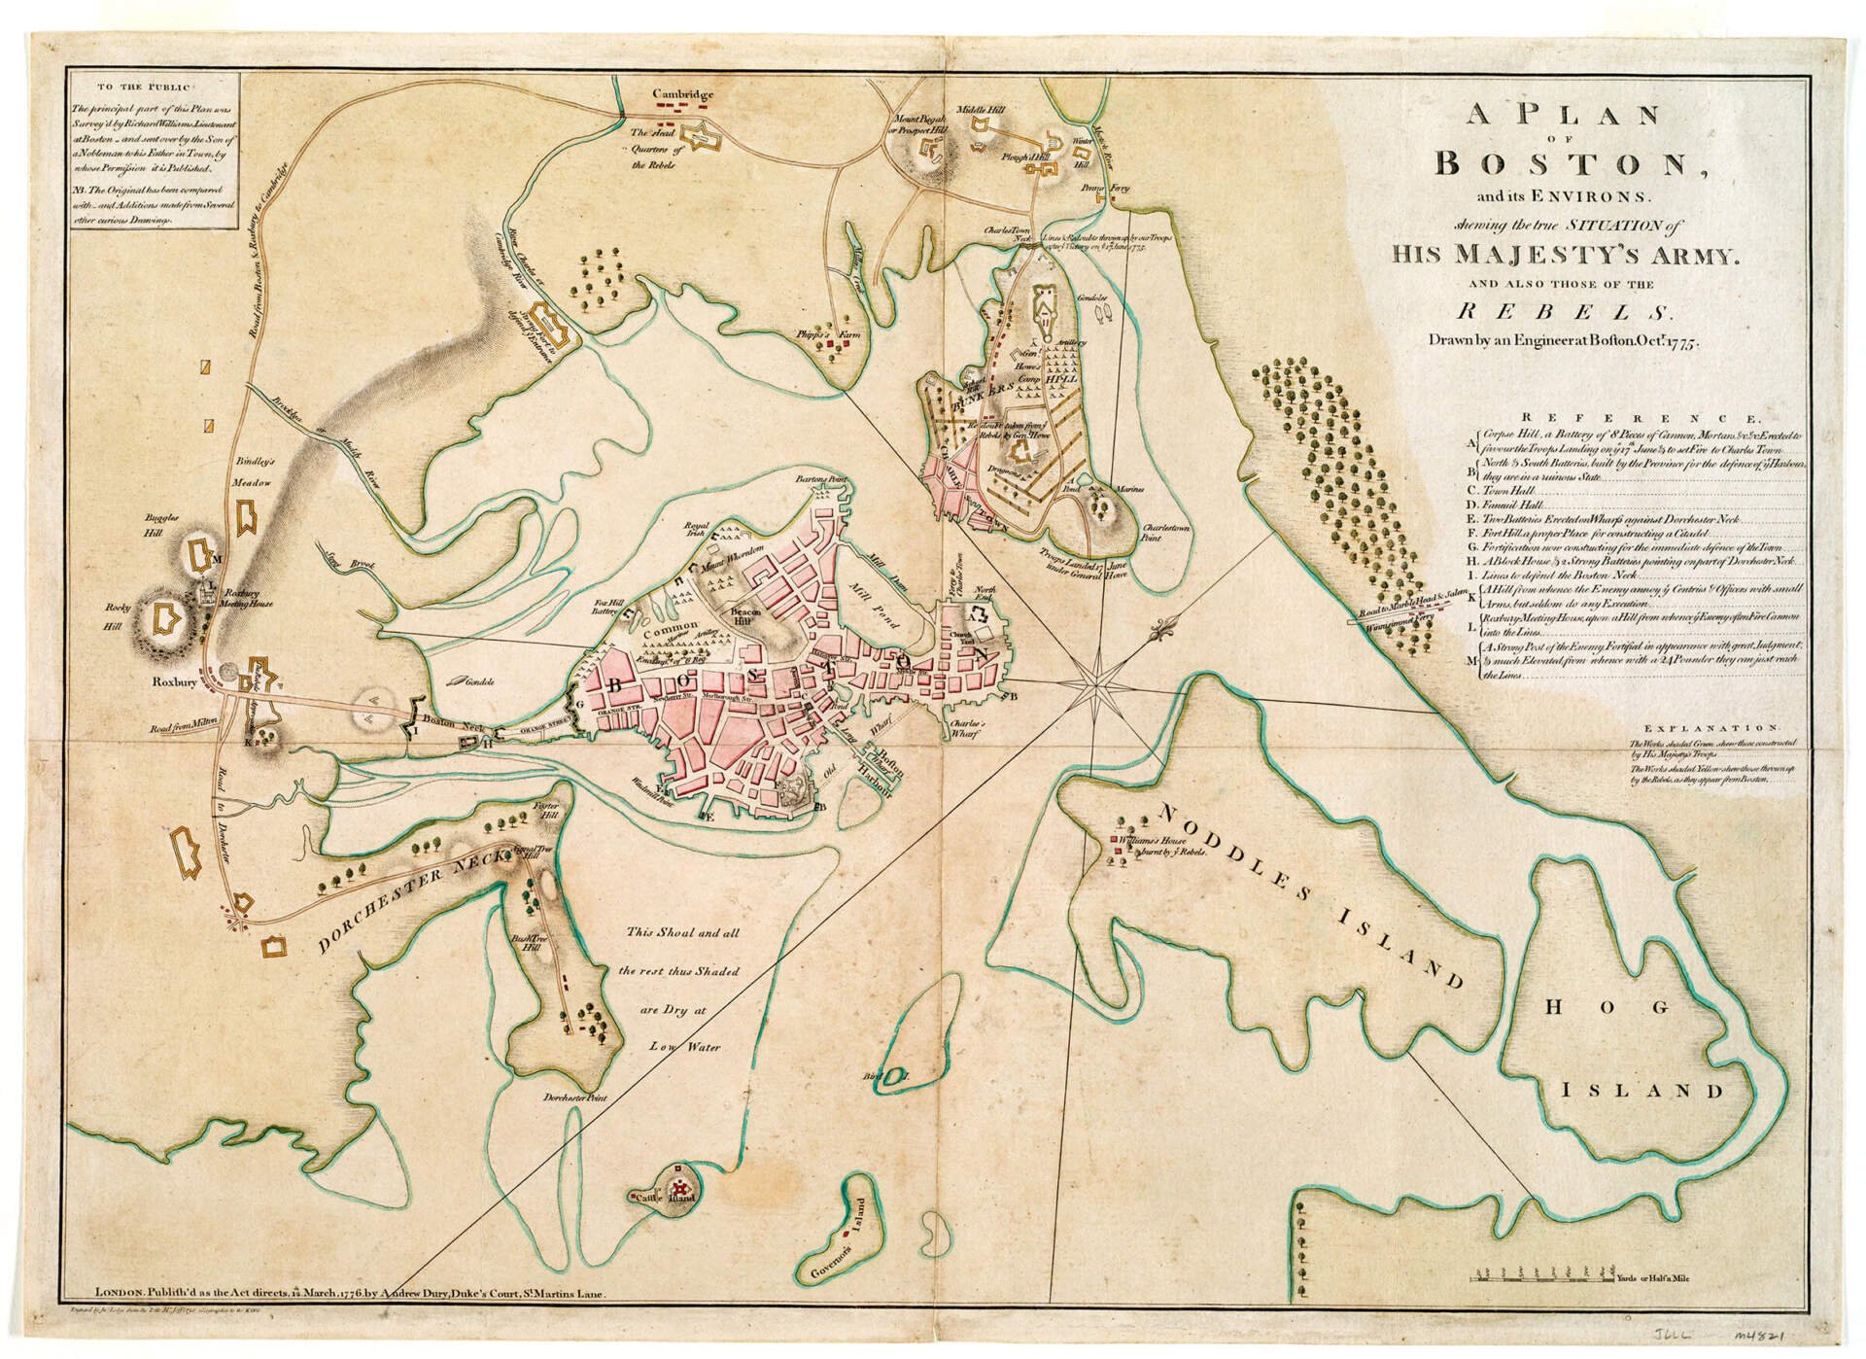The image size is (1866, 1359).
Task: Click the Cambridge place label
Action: tap(682, 95)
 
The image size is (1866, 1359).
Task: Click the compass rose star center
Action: tap(1099, 683)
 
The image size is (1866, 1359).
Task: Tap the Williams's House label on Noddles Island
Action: tap(1152, 837)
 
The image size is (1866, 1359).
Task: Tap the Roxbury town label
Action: tap(175, 682)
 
